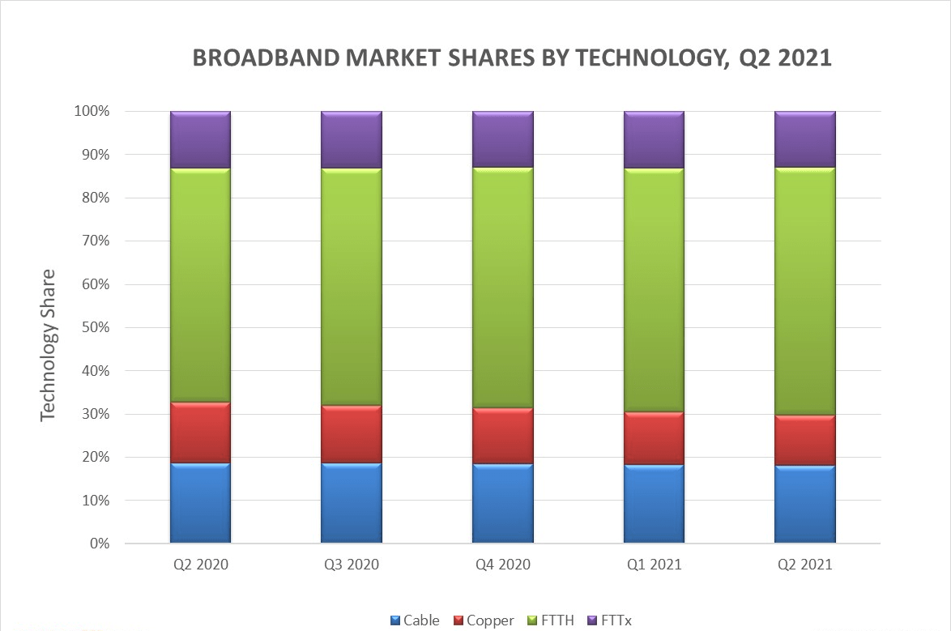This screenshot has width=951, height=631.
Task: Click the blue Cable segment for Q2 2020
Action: click(x=200, y=502)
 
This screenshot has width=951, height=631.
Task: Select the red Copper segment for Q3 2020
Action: click(x=352, y=434)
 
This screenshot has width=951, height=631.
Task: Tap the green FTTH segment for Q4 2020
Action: click(x=502, y=288)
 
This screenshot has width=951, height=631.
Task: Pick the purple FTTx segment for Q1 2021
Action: click(x=654, y=139)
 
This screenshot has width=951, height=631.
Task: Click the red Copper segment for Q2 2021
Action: click(x=804, y=440)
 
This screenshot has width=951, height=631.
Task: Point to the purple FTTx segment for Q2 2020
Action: click(x=200, y=139)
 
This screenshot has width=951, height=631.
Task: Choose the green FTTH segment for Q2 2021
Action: click(x=804, y=292)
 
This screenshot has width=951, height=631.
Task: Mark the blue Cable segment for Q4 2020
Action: click(x=502, y=503)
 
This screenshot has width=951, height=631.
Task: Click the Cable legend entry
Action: click(x=414, y=620)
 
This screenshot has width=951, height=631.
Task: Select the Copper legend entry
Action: click(x=483, y=620)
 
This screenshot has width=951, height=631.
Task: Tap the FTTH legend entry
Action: click(x=551, y=620)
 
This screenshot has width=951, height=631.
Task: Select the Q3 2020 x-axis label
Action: click(x=352, y=565)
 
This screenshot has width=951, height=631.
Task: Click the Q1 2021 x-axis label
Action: click(x=654, y=565)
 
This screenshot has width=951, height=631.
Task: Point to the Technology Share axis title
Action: click(x=49, y=344)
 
